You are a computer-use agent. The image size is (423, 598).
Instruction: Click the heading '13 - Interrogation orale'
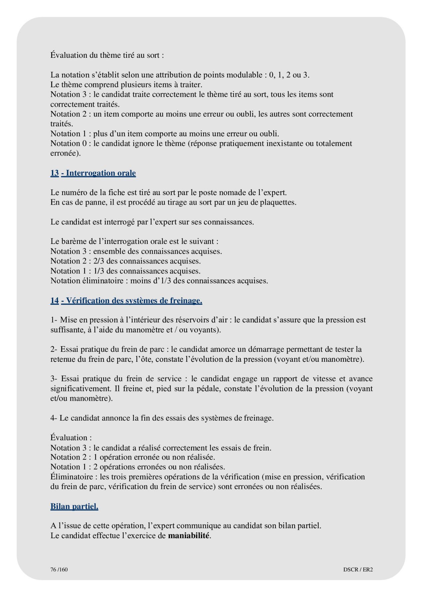click(x=93, y=173)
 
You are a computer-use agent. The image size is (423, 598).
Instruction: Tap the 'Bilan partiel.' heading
click(x=74, y=506)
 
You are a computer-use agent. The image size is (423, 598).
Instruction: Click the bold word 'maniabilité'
click(x=189, y=536)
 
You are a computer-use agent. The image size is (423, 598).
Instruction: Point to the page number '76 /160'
click(x=59, y=569)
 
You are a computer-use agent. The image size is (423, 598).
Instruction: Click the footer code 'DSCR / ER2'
click(x=358, y=569)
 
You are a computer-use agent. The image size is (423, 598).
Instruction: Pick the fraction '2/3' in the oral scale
click(x=99, y=261)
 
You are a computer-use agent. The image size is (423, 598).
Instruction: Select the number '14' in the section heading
click(x=55, y=301)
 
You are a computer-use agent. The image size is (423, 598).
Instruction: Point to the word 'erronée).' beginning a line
click(x=66, y=153)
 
